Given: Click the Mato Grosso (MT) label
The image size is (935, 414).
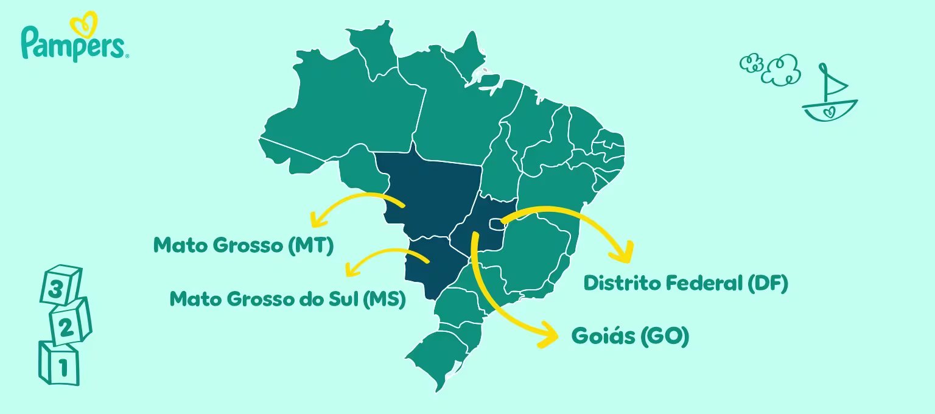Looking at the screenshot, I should tap(243, 245).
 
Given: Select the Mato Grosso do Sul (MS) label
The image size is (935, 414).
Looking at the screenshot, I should tap(287, 299).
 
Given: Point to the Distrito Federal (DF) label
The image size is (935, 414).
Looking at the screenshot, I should tap(685, 283).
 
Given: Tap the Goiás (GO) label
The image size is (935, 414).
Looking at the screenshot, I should tap(630, 335).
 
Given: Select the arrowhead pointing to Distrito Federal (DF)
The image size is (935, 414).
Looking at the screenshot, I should tap(625, 251).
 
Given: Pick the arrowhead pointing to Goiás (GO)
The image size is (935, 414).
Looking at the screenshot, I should tap(548, 335).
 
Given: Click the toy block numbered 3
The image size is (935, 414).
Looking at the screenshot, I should tap(60, 285).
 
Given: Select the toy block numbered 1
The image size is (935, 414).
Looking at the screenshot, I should tap(59, 363).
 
